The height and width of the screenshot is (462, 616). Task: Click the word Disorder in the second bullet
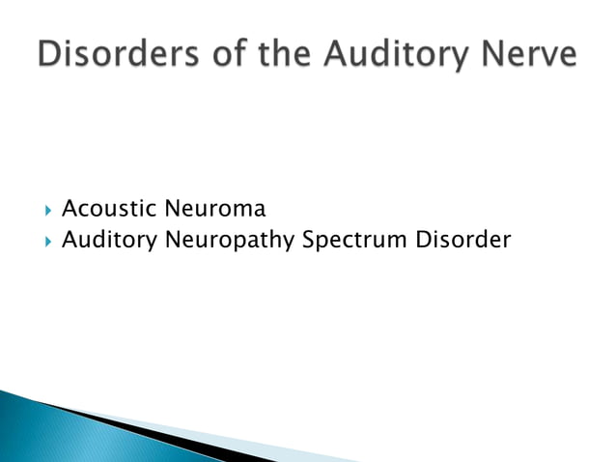(462, 239)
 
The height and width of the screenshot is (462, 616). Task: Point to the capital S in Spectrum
(309, 239)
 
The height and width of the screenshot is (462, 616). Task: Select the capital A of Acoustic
(70, 208)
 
